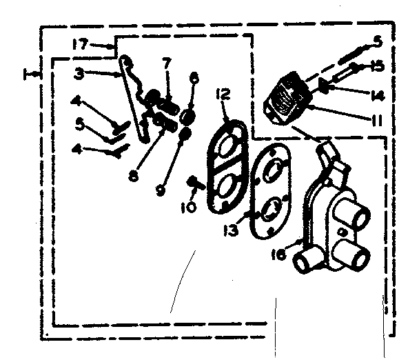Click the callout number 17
click(x=80, y=45)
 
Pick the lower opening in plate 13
click(x=270, y=206)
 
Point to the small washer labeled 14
click(x=325, y=86)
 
